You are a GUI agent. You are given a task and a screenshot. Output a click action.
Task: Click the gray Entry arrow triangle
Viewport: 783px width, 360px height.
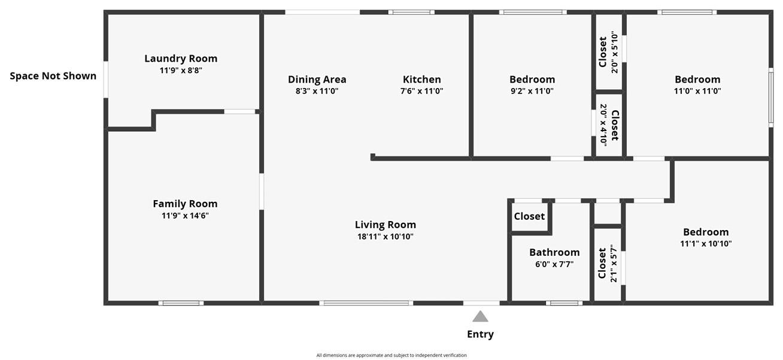click(480, 316)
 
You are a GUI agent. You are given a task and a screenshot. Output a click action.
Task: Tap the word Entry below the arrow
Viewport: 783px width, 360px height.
click(480, 334)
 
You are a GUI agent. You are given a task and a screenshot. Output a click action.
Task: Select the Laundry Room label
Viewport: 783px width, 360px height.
click(181, 59)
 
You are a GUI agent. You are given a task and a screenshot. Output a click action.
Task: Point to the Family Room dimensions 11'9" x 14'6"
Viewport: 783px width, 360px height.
click(185, 216)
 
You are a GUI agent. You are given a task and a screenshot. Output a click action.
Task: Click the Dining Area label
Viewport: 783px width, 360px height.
click(317, 80)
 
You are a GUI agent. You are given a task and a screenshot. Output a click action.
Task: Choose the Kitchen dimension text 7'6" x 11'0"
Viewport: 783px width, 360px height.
click(421, 91)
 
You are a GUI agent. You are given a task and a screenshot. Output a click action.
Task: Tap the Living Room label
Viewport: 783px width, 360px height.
click(385, 225)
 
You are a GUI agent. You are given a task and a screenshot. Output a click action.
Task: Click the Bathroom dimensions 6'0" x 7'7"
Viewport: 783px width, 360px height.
click(554, 264)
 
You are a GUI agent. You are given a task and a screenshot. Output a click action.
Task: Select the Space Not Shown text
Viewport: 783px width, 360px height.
click(53, 76)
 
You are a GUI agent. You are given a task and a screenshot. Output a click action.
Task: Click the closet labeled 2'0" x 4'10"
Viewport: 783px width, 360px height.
click(609, 125)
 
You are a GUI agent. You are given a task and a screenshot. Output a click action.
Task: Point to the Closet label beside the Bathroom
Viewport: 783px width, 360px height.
click(529, 216)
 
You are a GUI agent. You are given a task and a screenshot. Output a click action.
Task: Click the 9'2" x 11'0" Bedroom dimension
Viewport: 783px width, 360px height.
click(532, 91)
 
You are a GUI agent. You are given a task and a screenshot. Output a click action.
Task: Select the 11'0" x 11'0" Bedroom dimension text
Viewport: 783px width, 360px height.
click(697, 91)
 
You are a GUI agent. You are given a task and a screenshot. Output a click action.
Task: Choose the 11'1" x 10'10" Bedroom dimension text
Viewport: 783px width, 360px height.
click(706, 244)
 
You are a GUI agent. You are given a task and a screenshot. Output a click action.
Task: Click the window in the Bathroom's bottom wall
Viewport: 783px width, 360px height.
click(564, 303)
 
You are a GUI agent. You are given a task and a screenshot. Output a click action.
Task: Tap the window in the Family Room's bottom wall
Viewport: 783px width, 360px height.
click(181, 303)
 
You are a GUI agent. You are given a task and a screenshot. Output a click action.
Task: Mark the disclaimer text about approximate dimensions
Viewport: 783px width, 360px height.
click(391, 355)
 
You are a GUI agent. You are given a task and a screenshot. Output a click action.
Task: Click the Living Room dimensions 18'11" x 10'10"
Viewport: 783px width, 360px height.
click(385, 237)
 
